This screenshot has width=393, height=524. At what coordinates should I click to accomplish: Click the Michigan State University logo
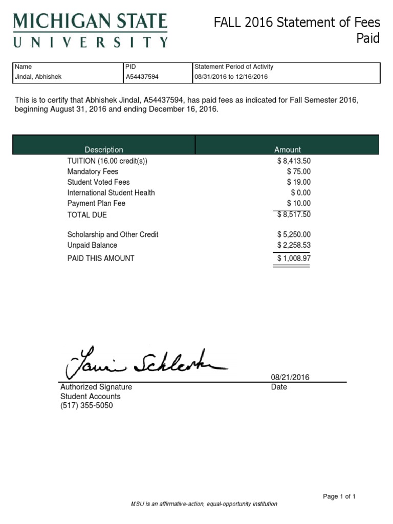pos(90,30)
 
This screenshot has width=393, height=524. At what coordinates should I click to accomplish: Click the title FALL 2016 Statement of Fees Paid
pos(297,30)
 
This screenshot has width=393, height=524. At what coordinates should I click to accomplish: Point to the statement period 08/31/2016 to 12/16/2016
pos(231,77)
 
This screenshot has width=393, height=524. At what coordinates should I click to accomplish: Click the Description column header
pos(104,149)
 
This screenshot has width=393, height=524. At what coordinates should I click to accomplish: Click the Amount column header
pos(287,149)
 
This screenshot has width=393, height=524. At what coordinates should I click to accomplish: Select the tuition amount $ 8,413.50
pos(294,161)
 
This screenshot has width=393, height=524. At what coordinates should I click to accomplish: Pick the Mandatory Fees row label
pos(93,171)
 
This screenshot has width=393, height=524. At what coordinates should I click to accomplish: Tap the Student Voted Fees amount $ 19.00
pos(299,182)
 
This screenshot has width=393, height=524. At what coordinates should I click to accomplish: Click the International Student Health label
pos(111,193)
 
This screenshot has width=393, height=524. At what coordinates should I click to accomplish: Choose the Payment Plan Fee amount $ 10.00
pos(299,204)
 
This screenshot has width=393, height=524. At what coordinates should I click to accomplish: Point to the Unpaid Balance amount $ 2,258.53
pos(294,245)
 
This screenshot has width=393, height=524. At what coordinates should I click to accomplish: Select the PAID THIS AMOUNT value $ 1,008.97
pos(294,258)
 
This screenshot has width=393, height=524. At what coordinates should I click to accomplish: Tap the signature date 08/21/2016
pos(290,378)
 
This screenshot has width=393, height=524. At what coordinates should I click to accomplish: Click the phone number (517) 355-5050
pos(86,406)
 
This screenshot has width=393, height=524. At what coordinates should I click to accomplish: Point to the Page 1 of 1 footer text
pos(339,496)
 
